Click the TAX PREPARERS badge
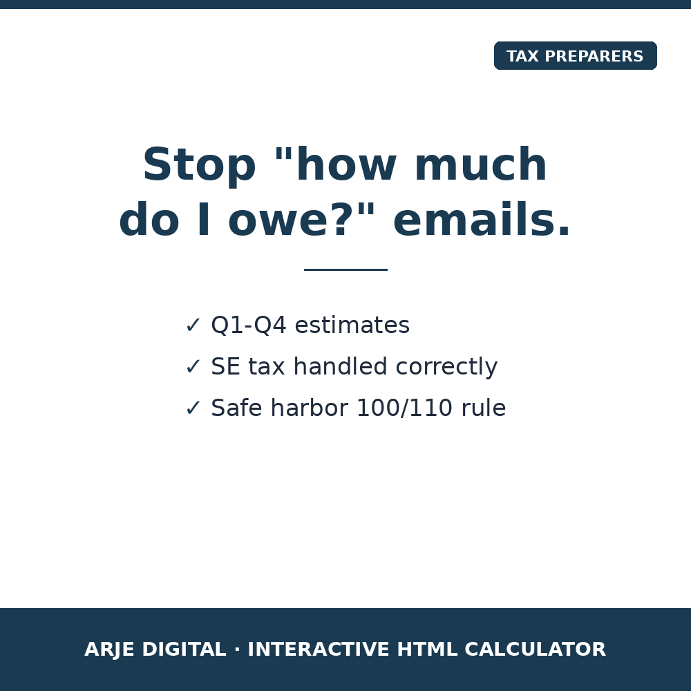(x=575, y=55)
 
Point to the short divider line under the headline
(x=345, y=269)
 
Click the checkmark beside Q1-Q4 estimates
(x=193, y=325)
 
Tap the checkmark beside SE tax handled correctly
(x=193, y=367)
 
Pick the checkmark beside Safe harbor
(x=193, y=408)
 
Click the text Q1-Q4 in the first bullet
(x=249, y=325)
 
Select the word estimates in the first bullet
(x=352, y=325)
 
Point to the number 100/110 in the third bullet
(x=404, y=408)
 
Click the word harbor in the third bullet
(x=310, y=408)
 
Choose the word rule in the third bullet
(x=484, y=408)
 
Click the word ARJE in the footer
(x=109, y=650)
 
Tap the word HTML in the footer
(x=427, y=649)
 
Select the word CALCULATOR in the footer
(x=536, y=649)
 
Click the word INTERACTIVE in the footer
(x=318, y=649)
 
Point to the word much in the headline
(x=481, y=164)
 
